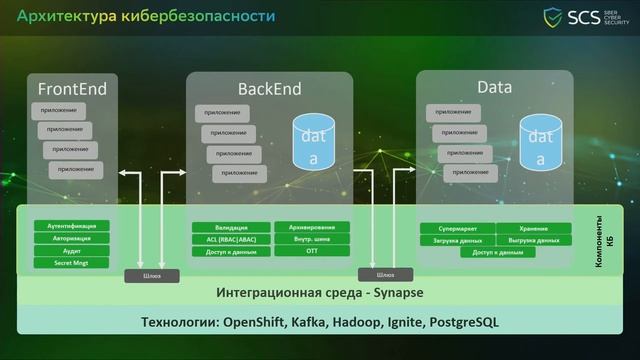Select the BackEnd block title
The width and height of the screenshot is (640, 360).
point(268,88)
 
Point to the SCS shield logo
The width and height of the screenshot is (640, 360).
point(553,17)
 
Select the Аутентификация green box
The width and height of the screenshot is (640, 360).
point(71,226)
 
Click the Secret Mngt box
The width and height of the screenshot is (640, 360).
point(71,262)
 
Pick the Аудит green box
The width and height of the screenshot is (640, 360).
point(71,250)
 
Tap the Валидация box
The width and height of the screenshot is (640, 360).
point(230,227)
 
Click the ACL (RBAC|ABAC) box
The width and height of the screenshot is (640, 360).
point(230,239)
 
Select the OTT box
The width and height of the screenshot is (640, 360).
point(312,251)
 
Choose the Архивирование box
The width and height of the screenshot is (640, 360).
point(312,227)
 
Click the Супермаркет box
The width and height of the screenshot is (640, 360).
point(457,228)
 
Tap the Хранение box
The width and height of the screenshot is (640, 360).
point(535,228)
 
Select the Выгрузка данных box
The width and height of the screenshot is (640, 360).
point(535,240)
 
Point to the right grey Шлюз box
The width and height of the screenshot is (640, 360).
point(378,275)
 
